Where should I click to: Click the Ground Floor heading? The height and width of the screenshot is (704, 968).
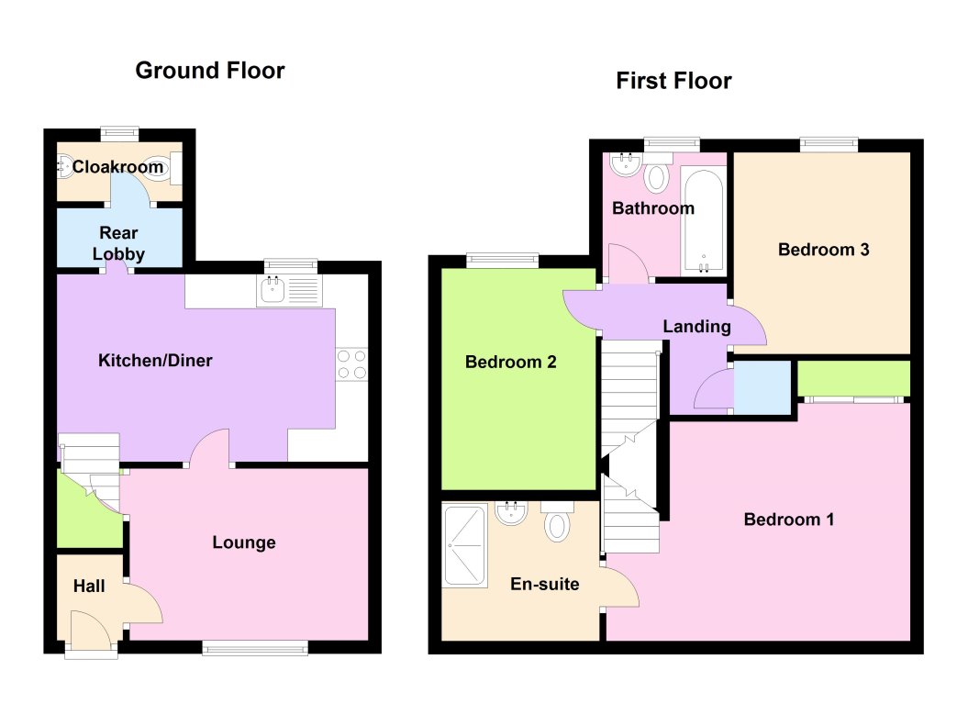pos(210,71)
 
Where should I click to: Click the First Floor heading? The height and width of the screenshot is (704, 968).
pos(673,82)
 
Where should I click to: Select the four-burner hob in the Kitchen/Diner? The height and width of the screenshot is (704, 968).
pos(351,363)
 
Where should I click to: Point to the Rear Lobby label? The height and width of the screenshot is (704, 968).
pos(119,243)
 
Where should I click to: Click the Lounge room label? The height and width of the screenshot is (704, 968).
pos(244,542)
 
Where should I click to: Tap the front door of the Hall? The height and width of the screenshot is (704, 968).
pos(91,634)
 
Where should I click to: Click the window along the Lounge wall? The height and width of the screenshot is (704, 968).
pos(255,649)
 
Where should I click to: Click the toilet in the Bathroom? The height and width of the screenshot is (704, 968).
pos(656,176)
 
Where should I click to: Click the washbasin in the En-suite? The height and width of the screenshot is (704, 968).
pos(510,512)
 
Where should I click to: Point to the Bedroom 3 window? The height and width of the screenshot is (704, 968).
pos(829,144)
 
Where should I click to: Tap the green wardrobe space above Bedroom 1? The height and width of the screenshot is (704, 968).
pos(853,378)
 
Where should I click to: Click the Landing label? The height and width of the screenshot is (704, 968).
pos(697,326)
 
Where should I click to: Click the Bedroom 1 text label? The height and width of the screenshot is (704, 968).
pos(788,520)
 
